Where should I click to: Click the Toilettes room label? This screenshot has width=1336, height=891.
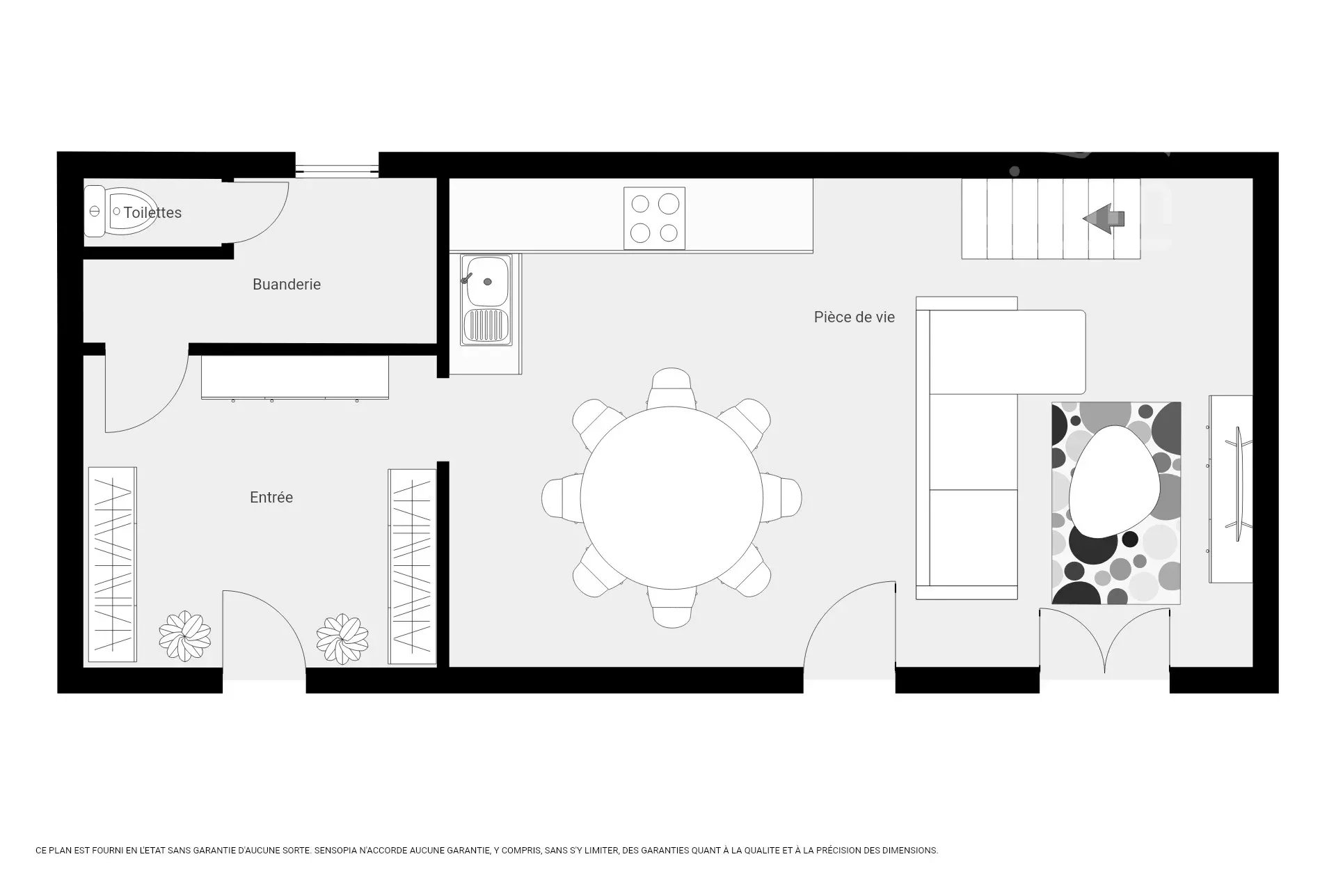(152, 213)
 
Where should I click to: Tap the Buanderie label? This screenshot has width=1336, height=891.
(287, 284)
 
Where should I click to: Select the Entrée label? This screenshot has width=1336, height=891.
(271, 497)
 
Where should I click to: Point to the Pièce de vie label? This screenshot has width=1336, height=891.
(854, 317)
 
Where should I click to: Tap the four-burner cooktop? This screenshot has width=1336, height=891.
(654, 218)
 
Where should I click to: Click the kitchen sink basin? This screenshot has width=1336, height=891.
(488, 281)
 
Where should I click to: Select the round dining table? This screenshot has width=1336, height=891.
(671, 497)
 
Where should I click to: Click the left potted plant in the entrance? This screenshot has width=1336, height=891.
(184, 636)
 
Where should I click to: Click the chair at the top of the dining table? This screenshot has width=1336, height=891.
(671, 387)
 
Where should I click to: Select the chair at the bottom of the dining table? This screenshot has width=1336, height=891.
(672, 606)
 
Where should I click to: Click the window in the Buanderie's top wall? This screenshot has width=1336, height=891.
(337, 171)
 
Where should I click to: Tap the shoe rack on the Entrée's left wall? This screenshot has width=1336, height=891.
(112, 565)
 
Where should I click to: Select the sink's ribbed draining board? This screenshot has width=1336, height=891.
(488, 326)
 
